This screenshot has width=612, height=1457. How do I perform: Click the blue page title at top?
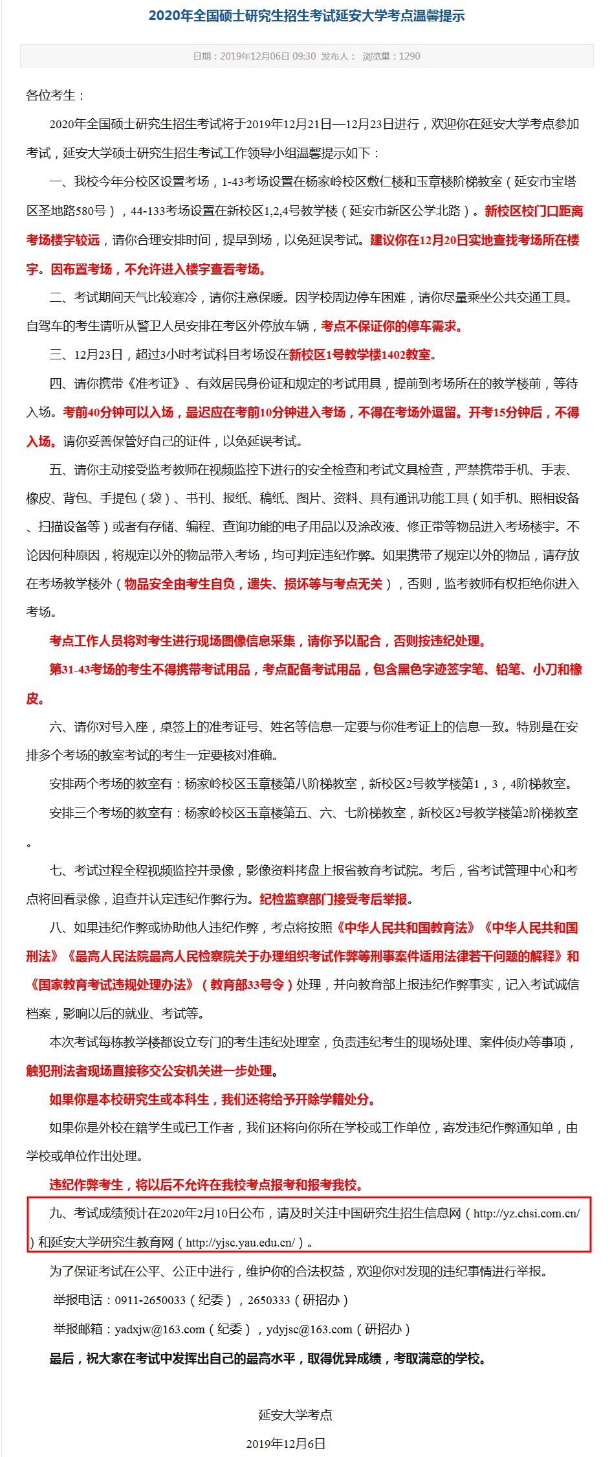(306, 16)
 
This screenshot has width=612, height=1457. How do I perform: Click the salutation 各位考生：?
(56, 96)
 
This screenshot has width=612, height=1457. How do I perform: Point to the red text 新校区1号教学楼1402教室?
(360, 355)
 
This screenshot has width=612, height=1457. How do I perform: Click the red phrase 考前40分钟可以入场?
(118, 412)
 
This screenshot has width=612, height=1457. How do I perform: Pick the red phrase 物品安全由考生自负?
(180, 584)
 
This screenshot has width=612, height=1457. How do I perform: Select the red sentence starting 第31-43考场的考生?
(316, 670)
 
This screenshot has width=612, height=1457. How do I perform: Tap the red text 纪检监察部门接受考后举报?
(334, 899)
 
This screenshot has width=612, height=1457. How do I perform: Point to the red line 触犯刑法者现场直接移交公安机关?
(149, 1071)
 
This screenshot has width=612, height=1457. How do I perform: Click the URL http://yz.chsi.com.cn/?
(526, 1214)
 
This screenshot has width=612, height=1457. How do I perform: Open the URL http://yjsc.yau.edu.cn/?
(240, 1243)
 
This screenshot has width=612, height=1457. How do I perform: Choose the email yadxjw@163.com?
(160, 1329)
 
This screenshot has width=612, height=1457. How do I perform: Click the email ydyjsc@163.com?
(309, 1329)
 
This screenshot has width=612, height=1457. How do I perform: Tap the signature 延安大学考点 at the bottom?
(295, 1415)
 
